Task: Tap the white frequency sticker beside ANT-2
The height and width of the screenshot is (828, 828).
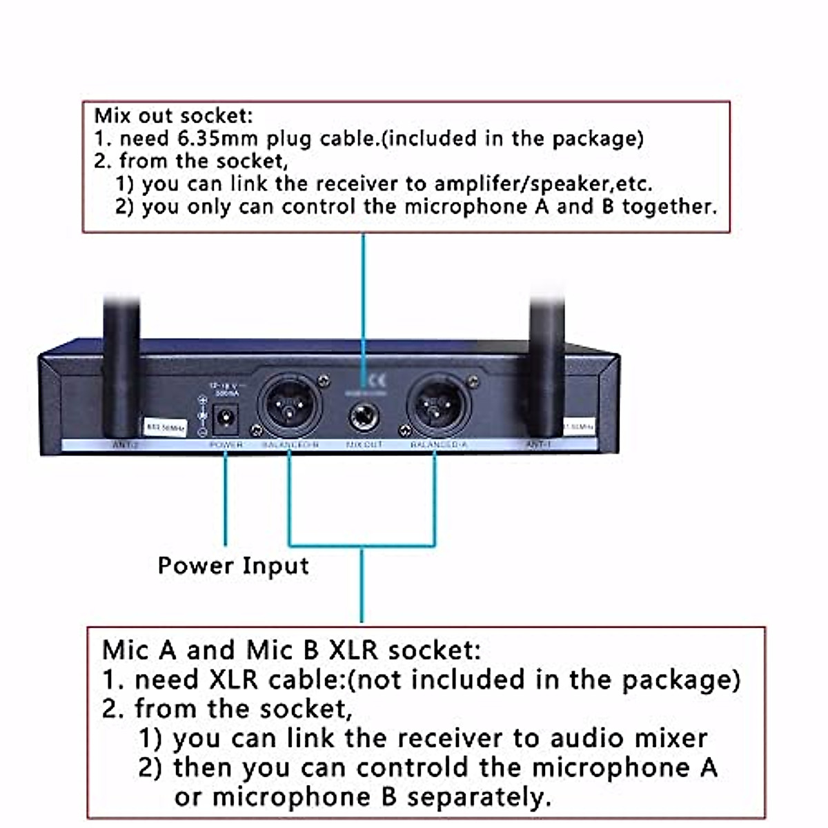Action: pos(163,427)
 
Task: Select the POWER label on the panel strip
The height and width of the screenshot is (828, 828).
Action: pos(226,446)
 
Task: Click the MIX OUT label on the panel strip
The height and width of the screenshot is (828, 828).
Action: pos(364,446)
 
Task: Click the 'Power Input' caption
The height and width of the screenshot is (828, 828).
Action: pos(233,566)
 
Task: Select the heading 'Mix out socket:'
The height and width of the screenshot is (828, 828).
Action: pos(173,115)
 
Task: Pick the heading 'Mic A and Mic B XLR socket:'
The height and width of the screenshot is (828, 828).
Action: pos(291,650)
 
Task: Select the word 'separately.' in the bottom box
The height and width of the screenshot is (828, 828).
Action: pos(479,797)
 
